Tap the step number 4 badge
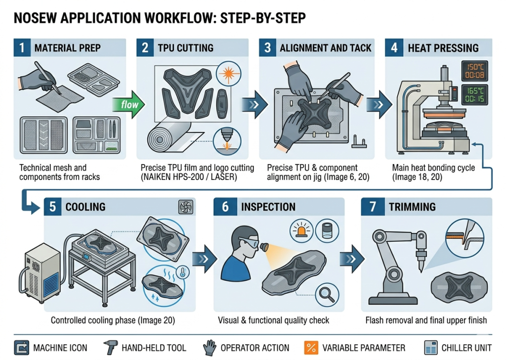[x=394, y=48]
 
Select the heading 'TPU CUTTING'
[x=185, y=48]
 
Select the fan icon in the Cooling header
[x=186, y=207]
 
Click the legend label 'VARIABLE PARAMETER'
[x=364, y=348]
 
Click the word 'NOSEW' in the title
[x=37, y=18]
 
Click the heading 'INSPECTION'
[x=268, y=207]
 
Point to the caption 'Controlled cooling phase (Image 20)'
[x=113, y=320]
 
